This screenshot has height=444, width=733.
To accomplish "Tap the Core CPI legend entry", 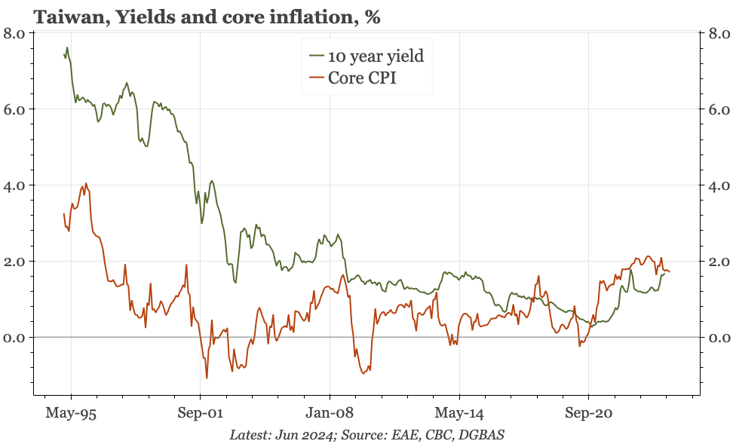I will click(x=362, y=78).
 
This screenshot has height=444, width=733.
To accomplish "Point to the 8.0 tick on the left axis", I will click(x=14, y=33).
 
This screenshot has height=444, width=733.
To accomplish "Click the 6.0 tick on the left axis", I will click(x=14, y=109).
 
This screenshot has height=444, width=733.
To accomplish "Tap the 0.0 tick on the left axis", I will click(x=14, y=338).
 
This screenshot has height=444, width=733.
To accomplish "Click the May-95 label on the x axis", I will click(x=71, y=413).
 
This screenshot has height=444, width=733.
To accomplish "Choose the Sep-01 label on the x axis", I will click(x=200, y=413).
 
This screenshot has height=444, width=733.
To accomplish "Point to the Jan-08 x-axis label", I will click(x=330, y=413).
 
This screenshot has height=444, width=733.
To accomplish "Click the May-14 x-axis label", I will click(x=459, y=413).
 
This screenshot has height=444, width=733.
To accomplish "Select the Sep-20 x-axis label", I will click(x=588, y=413).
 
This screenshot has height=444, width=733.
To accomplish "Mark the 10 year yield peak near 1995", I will click(x=67, y=47).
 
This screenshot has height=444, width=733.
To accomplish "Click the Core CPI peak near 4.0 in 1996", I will click(x=86, y=183).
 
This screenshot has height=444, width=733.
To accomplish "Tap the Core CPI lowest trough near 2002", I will click(x=207, y=378).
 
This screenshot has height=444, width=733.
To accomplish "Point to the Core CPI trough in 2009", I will click(x=363, y=373).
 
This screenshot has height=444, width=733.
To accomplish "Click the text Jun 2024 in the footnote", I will click(x=305, y=435).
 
